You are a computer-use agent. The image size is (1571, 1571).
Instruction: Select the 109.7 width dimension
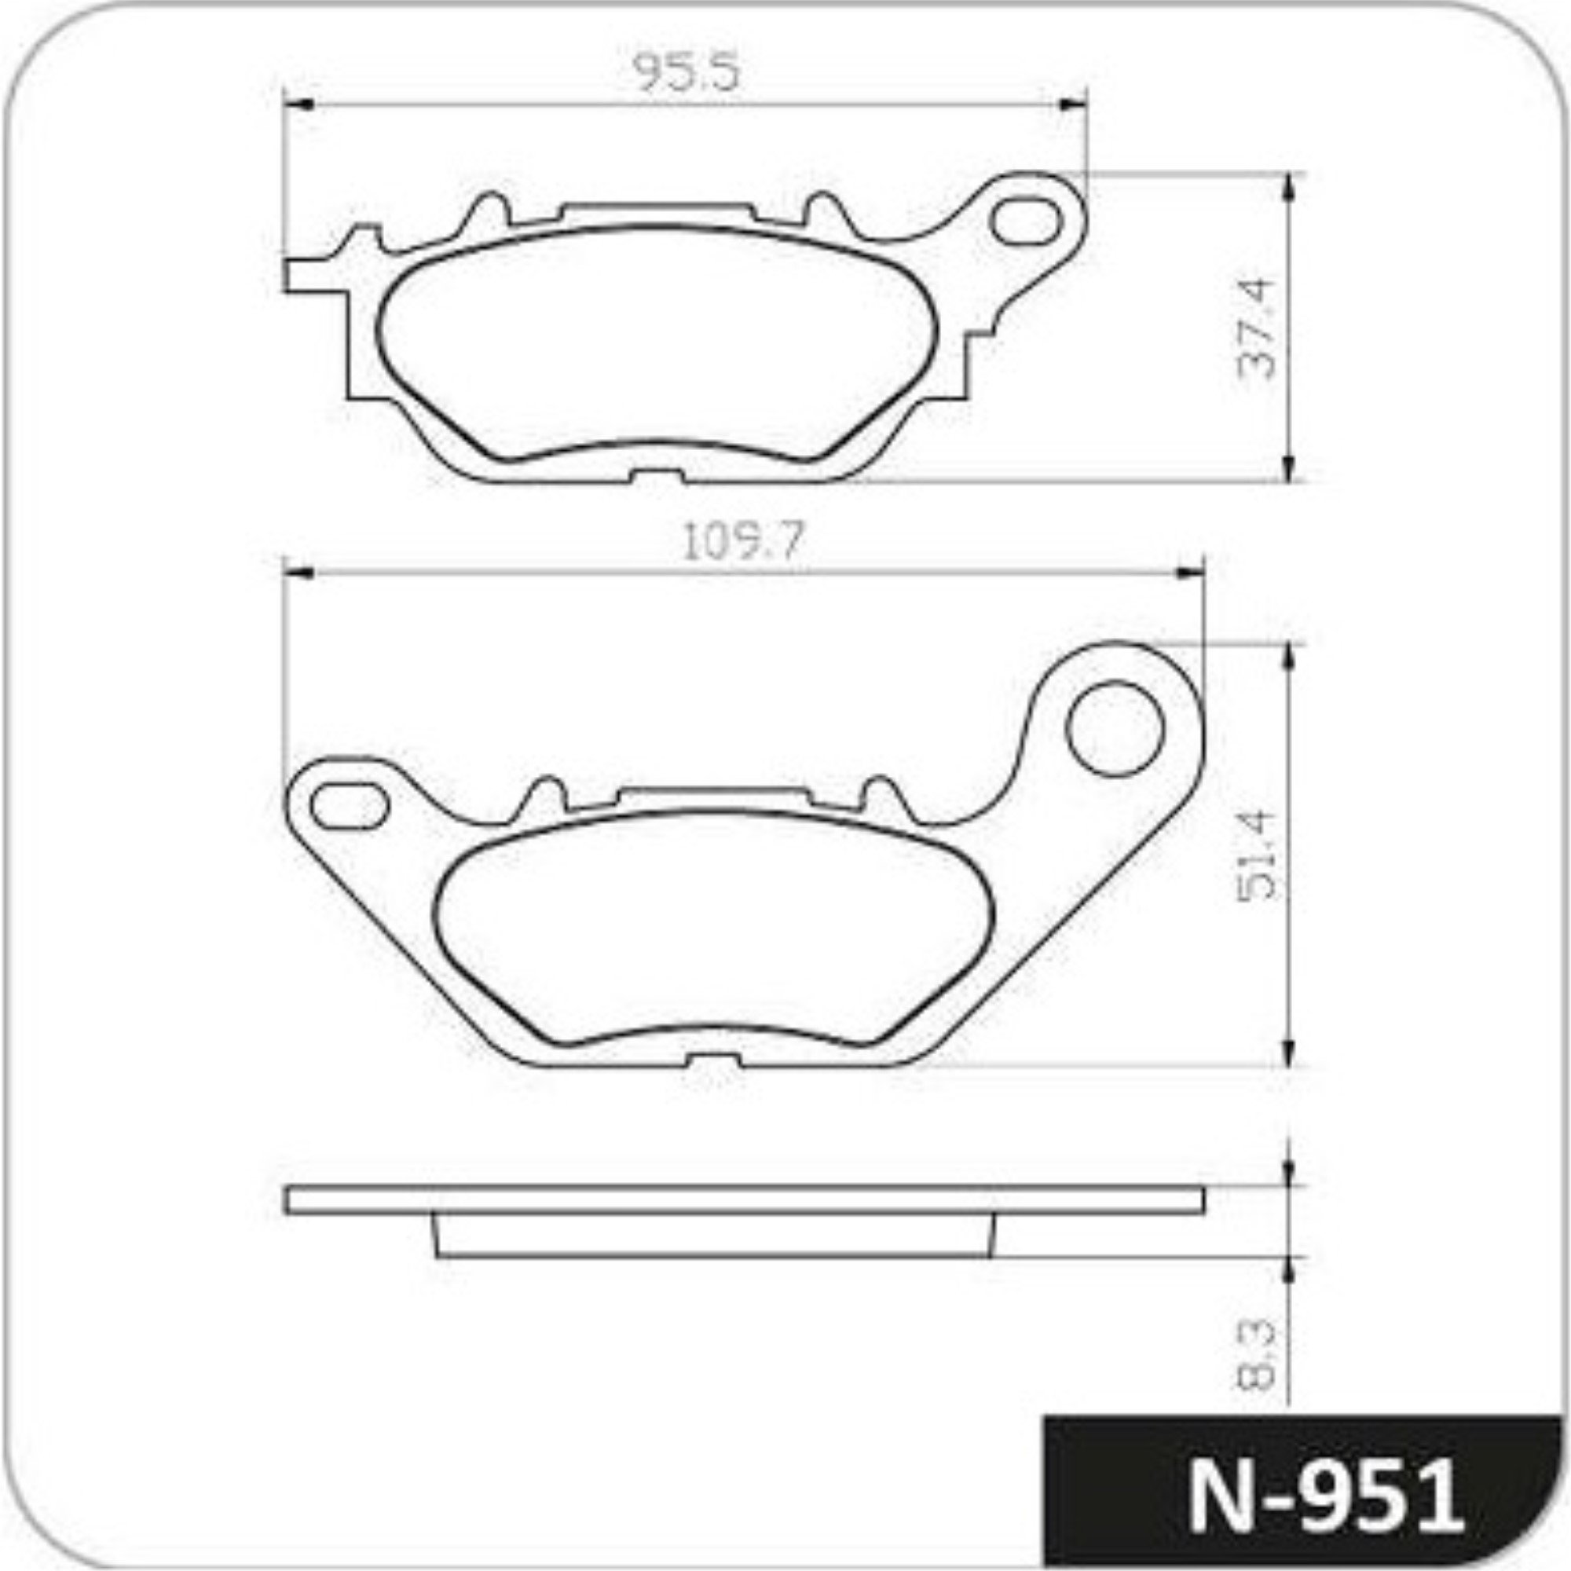[x=742, y=540]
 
